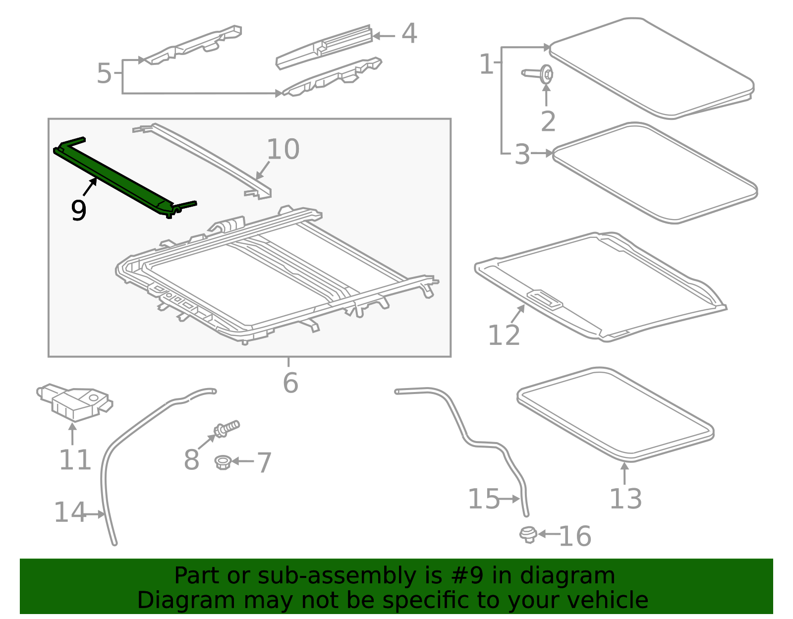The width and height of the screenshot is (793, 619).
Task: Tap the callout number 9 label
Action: [x=79, y=210]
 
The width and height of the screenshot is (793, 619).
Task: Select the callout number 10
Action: [x=283, y=149]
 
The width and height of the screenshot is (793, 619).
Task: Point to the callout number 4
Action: [x=409, y=34]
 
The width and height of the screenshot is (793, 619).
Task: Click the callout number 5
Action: [x=104, y=73]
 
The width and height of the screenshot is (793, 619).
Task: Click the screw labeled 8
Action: [x=227, y=428]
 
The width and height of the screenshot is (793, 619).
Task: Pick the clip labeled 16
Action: [x=528, y=534]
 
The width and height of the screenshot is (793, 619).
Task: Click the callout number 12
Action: [x=504, y=336]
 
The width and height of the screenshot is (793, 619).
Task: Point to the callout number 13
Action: [x=625, y=499]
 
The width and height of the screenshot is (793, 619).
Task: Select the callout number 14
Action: [x=69, y=512]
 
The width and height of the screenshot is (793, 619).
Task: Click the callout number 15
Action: [x=484, y=499]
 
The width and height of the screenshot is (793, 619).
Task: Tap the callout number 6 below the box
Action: [x=290, y=383]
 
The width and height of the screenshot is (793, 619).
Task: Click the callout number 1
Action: [x=486, y=64]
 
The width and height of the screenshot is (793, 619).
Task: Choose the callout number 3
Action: [x=522, y=155]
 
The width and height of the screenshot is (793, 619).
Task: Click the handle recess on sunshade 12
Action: [x=545, y=299]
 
